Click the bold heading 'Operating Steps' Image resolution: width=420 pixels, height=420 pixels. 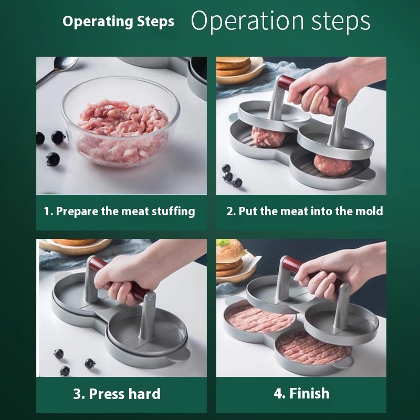tap(118, 22)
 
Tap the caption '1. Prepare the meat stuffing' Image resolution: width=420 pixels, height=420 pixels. tap(120, 212)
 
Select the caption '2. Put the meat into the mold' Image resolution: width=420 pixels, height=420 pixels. tap(304, 211)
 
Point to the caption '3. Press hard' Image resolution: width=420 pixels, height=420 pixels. tap(117, 394)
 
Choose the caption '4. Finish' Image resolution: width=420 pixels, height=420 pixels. tap(301, 393)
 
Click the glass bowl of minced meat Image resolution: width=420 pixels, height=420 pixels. tap(121, 122)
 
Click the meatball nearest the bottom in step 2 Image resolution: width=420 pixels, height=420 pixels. tap(332, 164)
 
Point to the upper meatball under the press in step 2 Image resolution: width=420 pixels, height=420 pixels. tap(268, 136)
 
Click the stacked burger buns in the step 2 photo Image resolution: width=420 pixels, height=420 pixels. tap(234, 67)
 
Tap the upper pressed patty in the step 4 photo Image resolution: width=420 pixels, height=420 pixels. tap(260, 319)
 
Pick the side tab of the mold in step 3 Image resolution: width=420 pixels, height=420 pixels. tap(179, 354)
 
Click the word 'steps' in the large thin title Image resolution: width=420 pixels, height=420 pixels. tap(341, 22)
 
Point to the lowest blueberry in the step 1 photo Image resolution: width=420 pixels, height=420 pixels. tap(53, 159)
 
